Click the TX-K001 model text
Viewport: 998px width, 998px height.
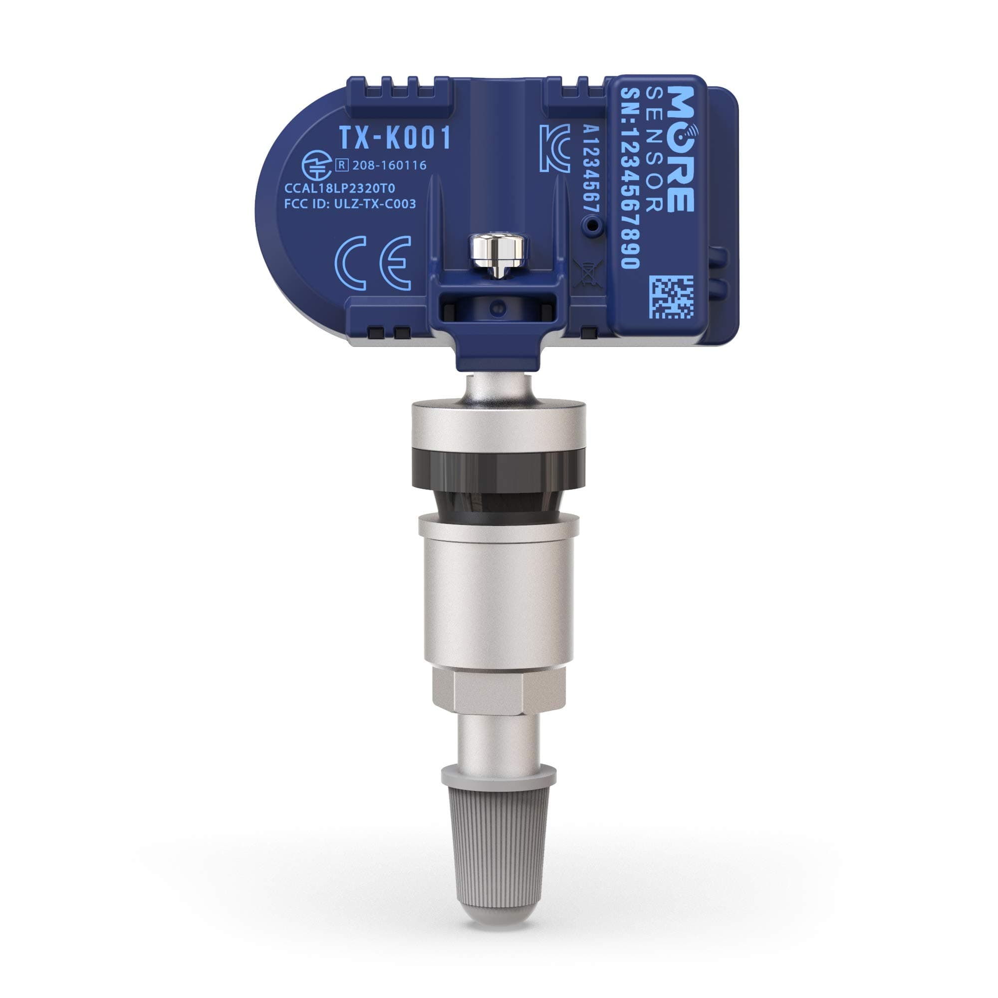point(395,138)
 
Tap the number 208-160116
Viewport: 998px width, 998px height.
point(390,165)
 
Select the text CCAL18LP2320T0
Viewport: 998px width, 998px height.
point(339,188)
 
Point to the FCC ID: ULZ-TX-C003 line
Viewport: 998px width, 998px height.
point(350,204)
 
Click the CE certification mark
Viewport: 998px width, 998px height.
point(373,263)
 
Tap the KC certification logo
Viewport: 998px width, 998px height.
point(554,148)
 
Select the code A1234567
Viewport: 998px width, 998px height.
point(590,175)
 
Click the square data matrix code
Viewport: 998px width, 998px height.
point(672,297)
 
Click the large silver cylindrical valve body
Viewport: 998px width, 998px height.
point(499,594)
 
